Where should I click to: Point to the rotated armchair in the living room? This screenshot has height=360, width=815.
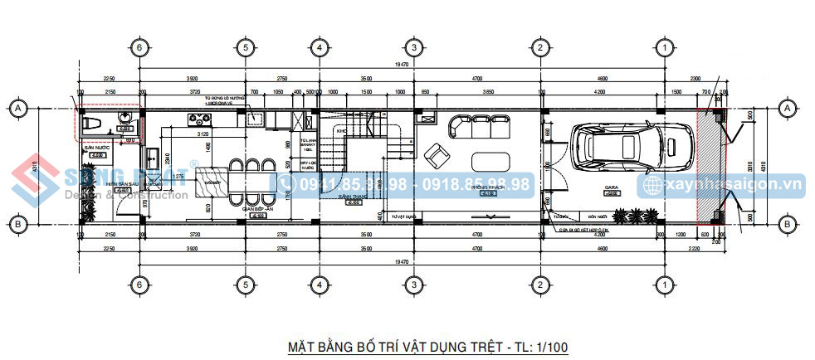(x=435, y=154)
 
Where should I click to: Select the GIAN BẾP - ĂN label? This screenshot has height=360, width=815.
(x=258, y=211)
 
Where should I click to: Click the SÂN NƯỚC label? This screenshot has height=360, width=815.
(x=97, y=148)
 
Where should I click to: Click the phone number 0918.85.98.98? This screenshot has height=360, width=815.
(x=476, y=184)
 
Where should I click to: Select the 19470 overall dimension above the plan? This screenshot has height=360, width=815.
(x=402, y=65)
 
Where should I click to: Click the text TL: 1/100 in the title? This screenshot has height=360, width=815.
(x=538, y=345)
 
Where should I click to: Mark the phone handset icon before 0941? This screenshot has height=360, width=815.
(x=286, y=183)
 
